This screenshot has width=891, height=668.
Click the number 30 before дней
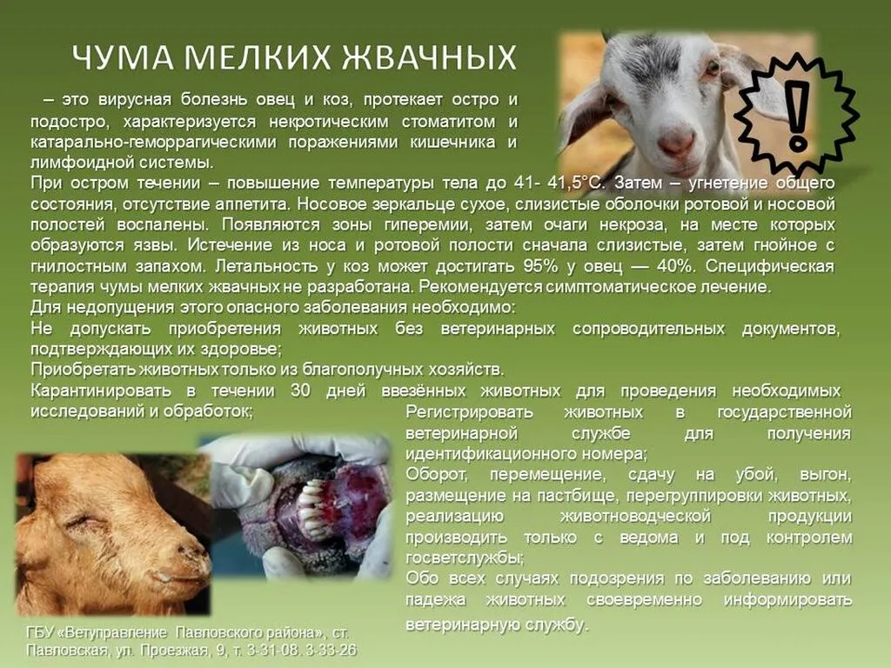pyautogui.click(x=301, y=391)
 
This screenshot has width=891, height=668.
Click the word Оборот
pyautogui.click(x=434, y=475)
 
